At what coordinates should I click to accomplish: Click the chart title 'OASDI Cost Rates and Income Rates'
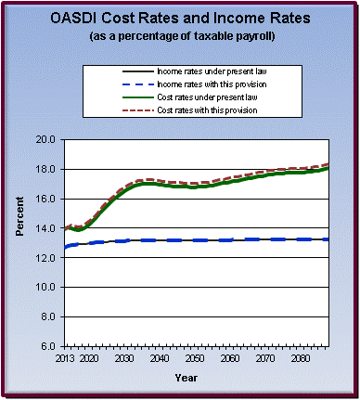point(179,19)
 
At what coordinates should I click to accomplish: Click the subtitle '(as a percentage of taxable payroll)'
point(179,36)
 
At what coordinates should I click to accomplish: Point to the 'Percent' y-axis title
point(20,243)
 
